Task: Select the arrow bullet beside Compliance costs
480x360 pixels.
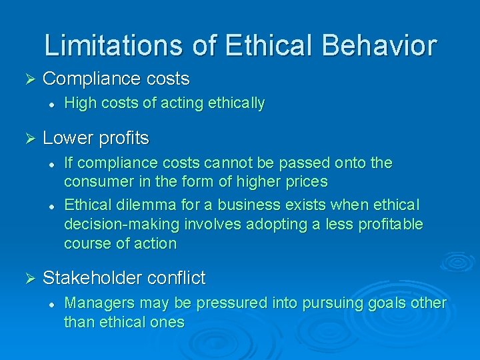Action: (x=28, y=79)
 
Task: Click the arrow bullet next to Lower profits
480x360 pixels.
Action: (x=28, y=138)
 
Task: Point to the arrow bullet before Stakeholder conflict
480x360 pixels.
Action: (x=28, y=278)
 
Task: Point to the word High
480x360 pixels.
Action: (x=79, y=103)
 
